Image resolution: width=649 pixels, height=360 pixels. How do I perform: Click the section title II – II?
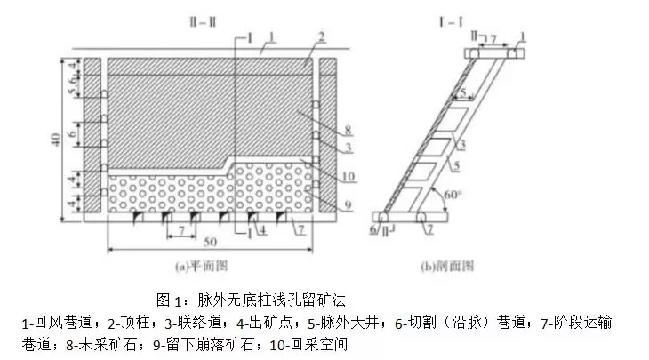pos(203,21)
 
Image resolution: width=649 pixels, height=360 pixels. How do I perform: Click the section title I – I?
pos(451,21)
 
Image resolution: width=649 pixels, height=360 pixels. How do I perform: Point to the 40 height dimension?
pos(55,139)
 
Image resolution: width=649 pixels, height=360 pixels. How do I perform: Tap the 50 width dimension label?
pos(210,242)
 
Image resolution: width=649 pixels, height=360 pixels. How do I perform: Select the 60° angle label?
pos(453,195)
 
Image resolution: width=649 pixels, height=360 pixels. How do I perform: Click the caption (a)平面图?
pos(201,266)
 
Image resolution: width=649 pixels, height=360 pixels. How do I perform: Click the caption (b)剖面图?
pos(447,266)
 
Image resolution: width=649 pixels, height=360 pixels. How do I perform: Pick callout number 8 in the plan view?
pos(348,131)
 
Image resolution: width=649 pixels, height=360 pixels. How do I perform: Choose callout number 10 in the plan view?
pos(349,177)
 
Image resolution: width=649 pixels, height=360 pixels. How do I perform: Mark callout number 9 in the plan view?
pos(348,204)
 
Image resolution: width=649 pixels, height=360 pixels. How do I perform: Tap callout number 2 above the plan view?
pos(322,36)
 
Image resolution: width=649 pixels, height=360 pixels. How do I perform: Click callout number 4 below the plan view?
pos(263,230)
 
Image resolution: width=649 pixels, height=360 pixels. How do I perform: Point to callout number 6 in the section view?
pos(373,230)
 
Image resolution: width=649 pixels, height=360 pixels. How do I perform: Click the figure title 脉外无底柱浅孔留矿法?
pos(271,300)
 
